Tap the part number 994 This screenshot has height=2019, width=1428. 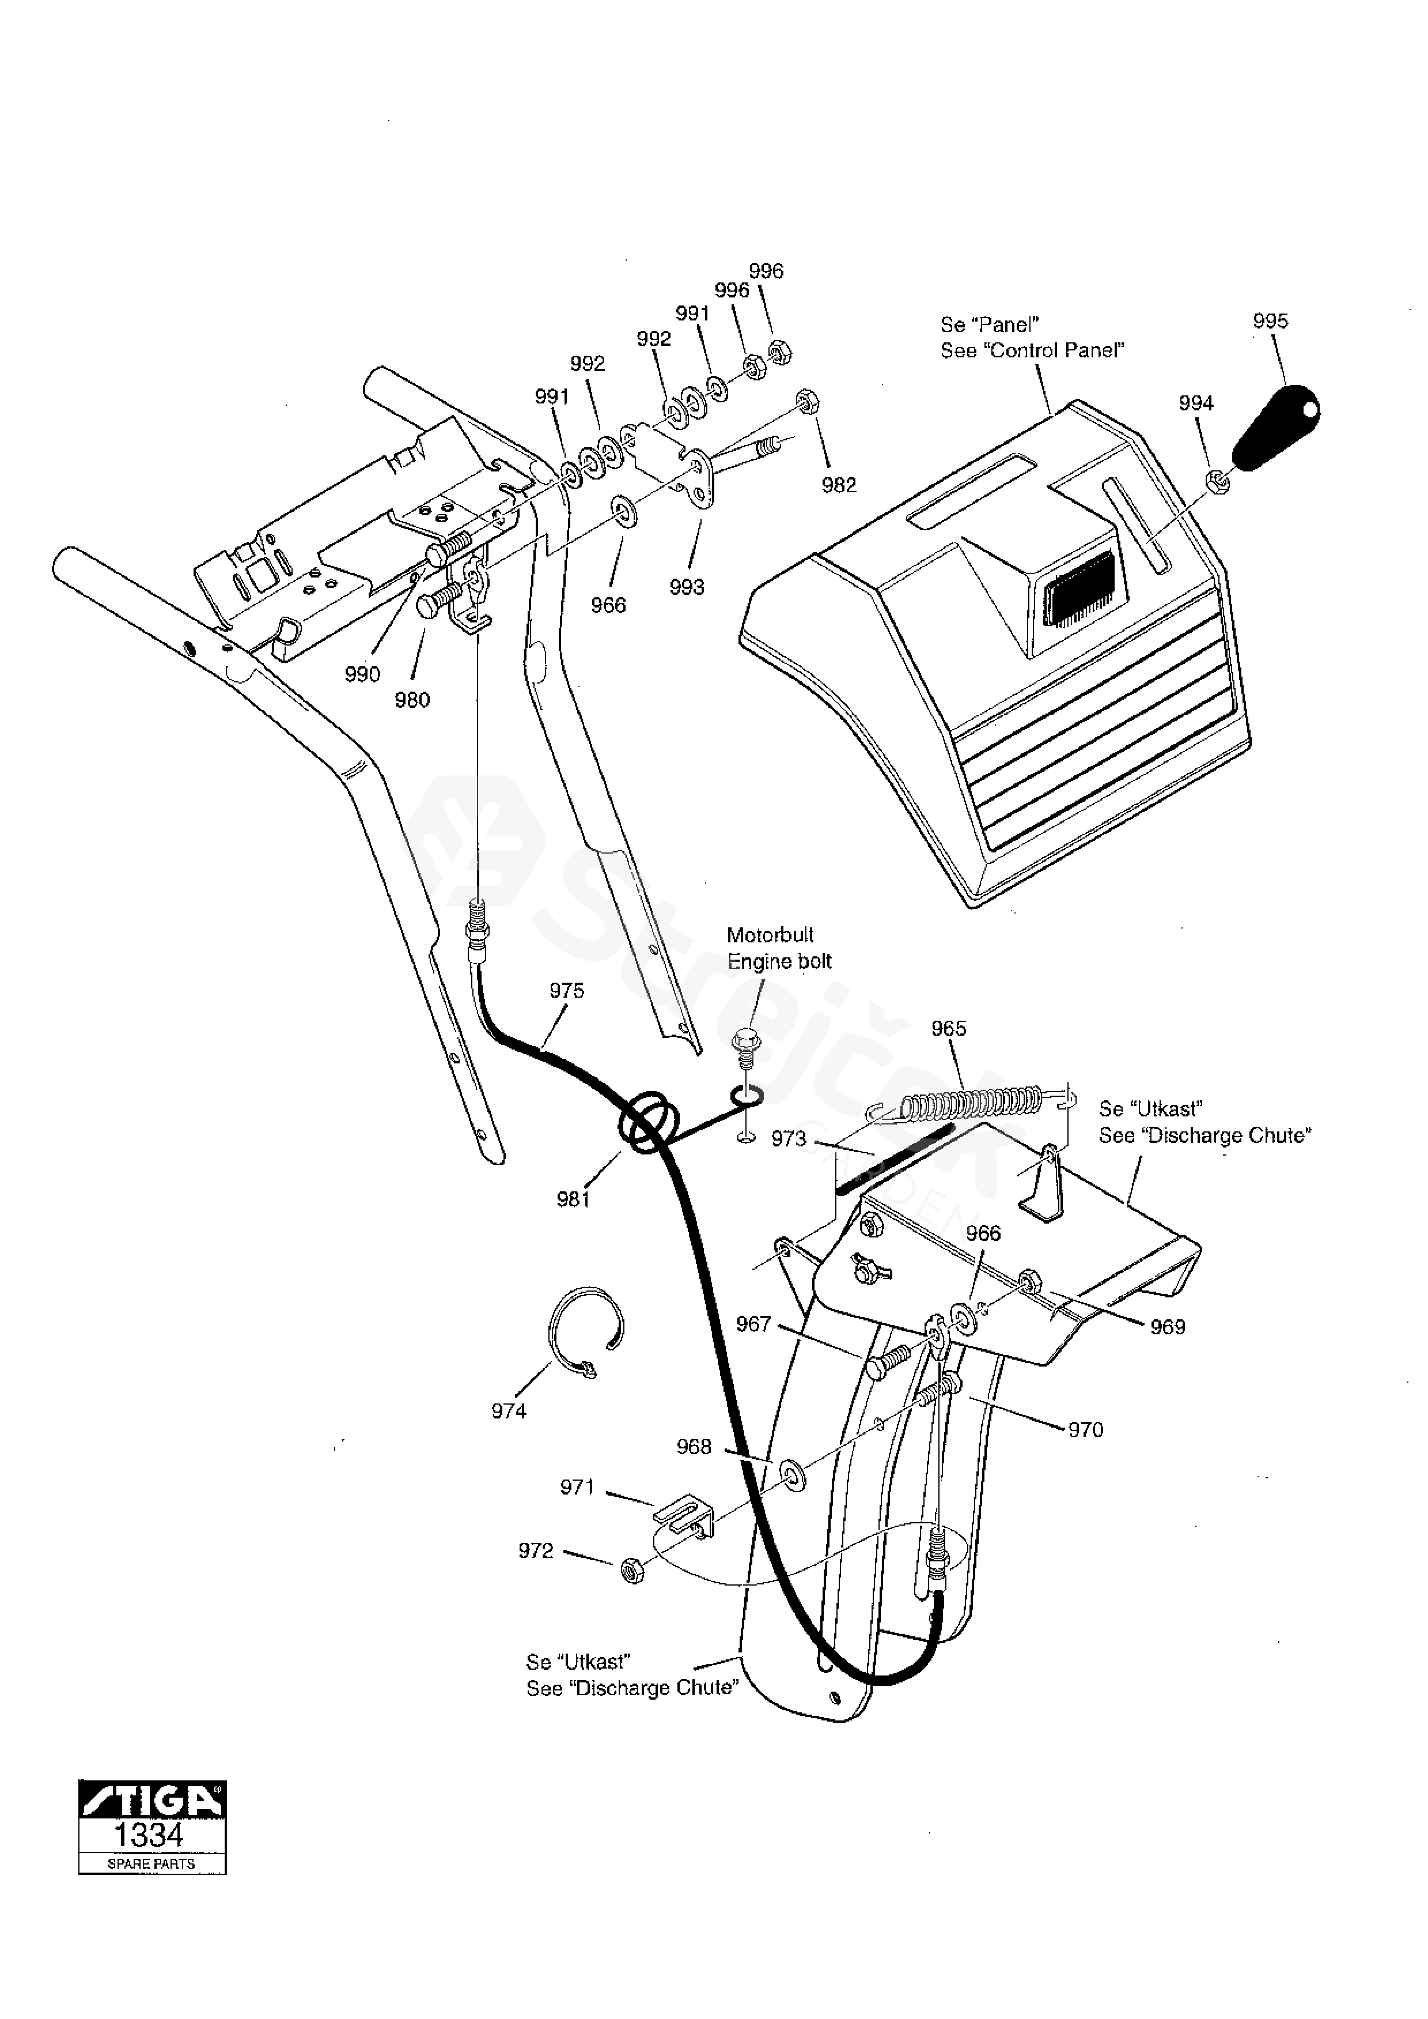[1196, 403]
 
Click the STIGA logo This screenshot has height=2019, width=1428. [152, 1800]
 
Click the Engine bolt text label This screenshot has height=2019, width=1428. [779, 961]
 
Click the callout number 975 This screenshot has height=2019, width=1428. [566, 991]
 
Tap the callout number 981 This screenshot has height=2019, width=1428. [573, 1198]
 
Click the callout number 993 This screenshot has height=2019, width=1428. [687, 587]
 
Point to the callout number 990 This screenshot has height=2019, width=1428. [362, 674]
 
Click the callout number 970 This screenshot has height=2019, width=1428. [1085, 1429]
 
